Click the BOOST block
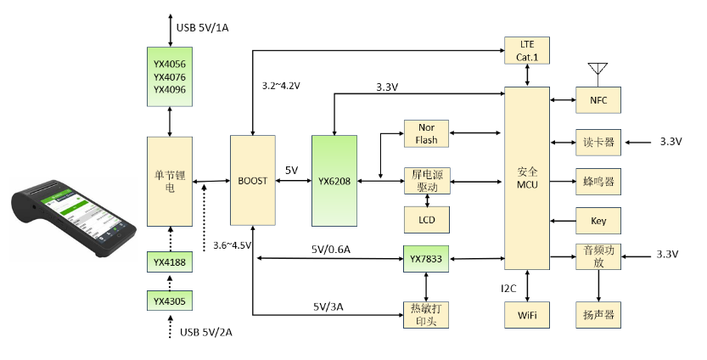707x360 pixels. [x=253, y=181]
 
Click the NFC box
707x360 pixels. [x=598, y=100]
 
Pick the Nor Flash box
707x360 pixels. [x=426, y=133]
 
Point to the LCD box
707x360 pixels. [x=426, y=220]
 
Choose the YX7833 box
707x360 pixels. [x=426, y=257]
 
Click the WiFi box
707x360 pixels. [x=527, y=315]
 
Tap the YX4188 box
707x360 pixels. [x=171, y=262]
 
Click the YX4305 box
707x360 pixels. [x=171, y=301]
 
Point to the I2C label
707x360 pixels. [x=509, y=290]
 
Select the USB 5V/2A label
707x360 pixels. [x=205, y=332]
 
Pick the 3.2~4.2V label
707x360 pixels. [x=282, y=86]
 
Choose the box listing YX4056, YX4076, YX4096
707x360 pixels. [x=171, y=76]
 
